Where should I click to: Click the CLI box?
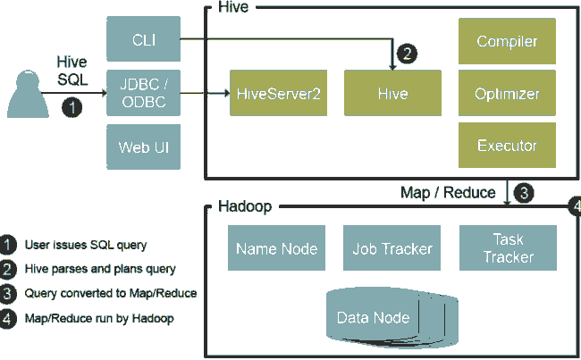[x=143, y=38]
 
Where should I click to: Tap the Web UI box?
[x=143, y=146]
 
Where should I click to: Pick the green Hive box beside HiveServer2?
[x=392, y=92]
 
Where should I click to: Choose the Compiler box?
[x=507, y=41]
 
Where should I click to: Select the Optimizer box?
[x=507, y=93]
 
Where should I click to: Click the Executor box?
[x=507, y=145]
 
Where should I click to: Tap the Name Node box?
[x=268, y=249]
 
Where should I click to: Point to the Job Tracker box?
[x=392, y=249]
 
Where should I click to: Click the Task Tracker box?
[x=508, y=248]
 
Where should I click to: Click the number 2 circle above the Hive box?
[x=407, y=54]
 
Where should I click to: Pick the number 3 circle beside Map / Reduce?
[x=526, y=192]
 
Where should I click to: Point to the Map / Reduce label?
[x=448, y=192]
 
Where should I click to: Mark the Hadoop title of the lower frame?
[x=245, y=208]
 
